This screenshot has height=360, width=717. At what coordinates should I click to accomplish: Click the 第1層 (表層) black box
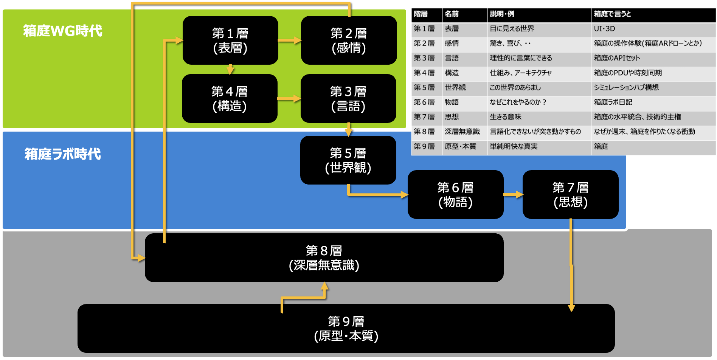pyautogui.click(x=230, y=40)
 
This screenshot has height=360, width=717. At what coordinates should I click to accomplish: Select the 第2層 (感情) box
pyautogui.click(x=349, y=40)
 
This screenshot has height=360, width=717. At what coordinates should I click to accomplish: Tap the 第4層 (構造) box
pyautogui.click(x=230, y=99)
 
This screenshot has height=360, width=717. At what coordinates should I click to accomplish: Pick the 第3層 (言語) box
pyautogui.click(x=348, y=99)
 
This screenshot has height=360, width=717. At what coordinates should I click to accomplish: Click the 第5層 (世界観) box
pyautogui.click(x=348, y=160)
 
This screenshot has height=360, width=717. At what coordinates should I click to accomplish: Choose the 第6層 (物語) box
pyautogui.click(x=455, y=195)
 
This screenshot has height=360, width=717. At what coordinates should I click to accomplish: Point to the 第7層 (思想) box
pyautogui.click(x=570, y=195)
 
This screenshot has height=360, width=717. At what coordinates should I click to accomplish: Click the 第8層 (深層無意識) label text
pyautogui.click(x=324, y=258)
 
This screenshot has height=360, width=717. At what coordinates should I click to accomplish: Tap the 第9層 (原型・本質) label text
pyautogui.click(x=346, y=329)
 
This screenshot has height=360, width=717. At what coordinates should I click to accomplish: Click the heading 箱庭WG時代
pyautogui.click(x=63, y=31)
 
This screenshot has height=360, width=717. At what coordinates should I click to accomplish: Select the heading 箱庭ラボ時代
pyautogui.click(x=63, y=154)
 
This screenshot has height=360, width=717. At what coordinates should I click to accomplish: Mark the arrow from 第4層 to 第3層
pyautogui.click(x=289, y=99)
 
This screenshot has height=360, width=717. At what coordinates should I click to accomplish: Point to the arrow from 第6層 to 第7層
pyautogui.click(x=513, y=195)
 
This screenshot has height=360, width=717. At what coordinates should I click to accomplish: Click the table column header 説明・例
pyautogui.click(x=502, y=14)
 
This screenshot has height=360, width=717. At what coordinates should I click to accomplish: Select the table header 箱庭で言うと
pyautogui.click(x=612, y=14)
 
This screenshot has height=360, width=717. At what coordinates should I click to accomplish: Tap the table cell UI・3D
pyautogui.click(x=604, y=29)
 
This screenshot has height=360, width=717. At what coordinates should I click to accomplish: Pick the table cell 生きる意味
pyautogui.click(x=506, y=117)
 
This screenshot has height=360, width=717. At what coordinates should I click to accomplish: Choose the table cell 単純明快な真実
pyautogui.click(x=514, y=146)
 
